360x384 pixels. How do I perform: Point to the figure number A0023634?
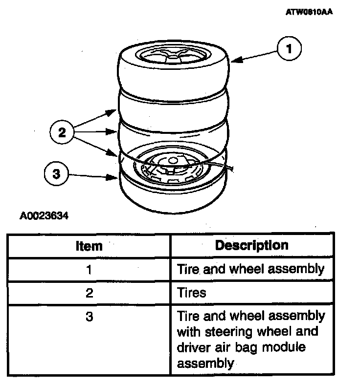(x=44, y=215)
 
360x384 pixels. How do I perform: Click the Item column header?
(x=89, y=245)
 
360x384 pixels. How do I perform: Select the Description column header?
(x=252, y=244)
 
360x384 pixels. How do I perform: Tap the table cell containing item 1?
(x=89, y=269)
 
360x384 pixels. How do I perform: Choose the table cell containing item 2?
(x=89, y=293)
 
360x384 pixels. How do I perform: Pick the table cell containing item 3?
(x=89, y=317)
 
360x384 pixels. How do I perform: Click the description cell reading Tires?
(x=192, y=293)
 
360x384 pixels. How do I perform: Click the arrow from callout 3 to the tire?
(x=93, y=176)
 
